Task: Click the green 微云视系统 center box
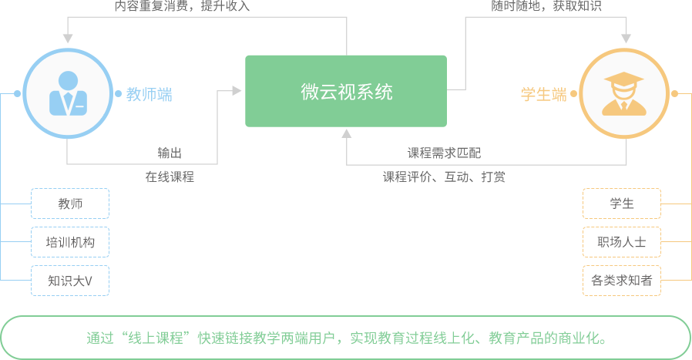(x=346, y=92)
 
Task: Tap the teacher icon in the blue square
(x=68, y=94)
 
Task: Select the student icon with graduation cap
(x=623, y=94)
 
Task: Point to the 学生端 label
(x=544, y=95)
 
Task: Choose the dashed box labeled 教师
(x=70, y=204)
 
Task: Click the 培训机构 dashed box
(x=70, y=242)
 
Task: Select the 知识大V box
(x=70, y=281)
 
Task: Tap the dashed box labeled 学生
(x=621, y=204)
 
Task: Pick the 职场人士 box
(x=621, y=242)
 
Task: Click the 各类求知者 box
(x=621, y=281)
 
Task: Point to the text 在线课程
(x=170, y=177)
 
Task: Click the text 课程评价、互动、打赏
(x=444, y=177)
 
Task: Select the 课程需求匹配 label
(x=444, y=153)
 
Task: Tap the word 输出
(x=170, y=153)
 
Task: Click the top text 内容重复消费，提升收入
(x=182, y=6)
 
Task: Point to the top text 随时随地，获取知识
(x=546, y=6)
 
